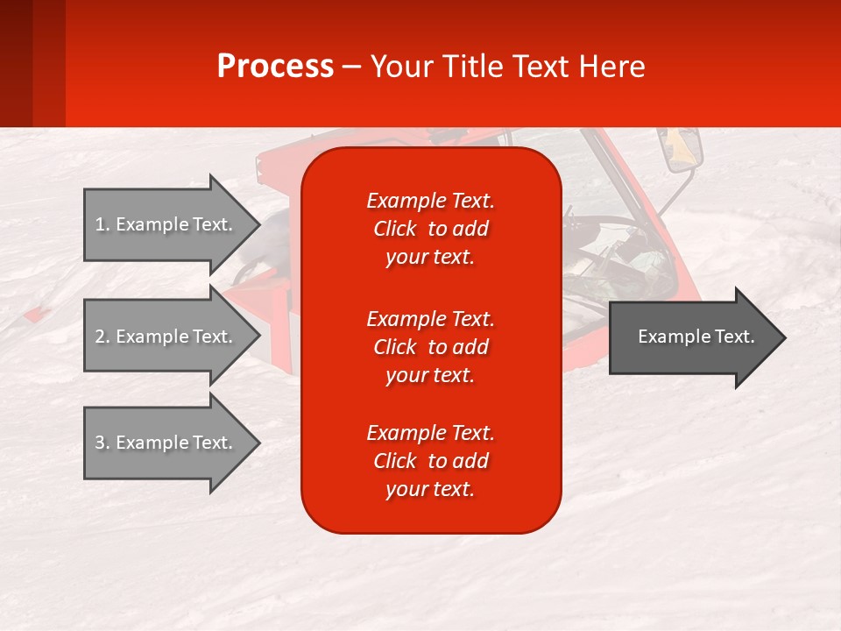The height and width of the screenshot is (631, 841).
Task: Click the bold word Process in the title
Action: [275, 67]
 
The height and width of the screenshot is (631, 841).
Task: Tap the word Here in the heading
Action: [613, 67]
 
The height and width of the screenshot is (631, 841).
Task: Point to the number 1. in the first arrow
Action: [102, 224]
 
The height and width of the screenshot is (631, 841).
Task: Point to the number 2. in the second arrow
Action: [102, 337]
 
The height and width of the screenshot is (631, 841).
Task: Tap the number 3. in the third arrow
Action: [102, 443]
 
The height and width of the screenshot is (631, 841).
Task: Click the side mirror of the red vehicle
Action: [683, 151]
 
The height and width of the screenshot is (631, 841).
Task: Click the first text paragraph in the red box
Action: [430, 229]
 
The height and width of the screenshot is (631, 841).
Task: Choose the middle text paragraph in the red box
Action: [430, 347]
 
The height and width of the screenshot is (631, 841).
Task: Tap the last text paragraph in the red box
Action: [430, 461]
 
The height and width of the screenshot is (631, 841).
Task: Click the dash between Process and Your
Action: [352, 67]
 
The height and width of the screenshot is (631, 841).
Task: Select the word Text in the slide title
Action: [543, 67]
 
